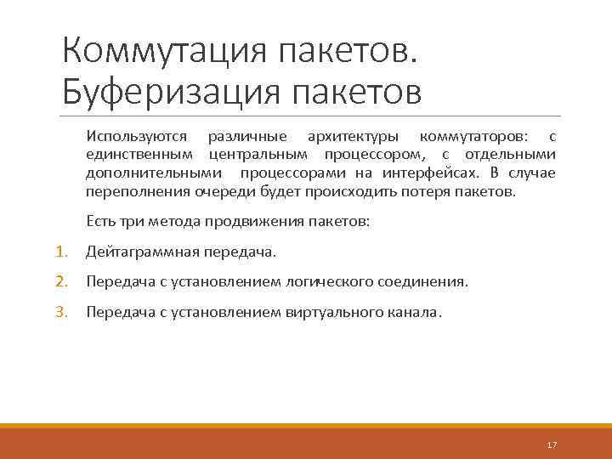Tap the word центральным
click(x=260, y=156)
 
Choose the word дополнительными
click(x=150, y=173)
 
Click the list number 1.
click(x=61, y=252)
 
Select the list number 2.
click(x=61, y=281)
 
